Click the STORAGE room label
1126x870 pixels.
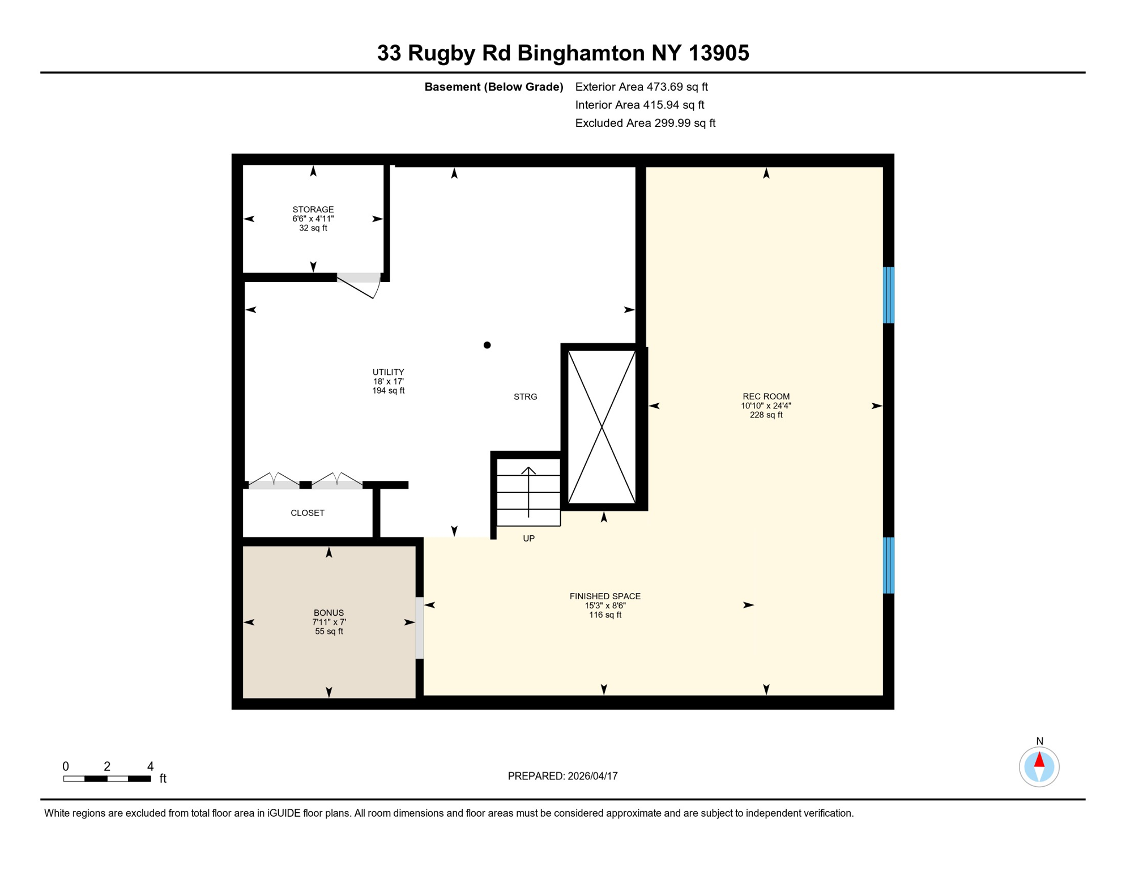[313, 210]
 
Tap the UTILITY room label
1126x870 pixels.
[388, 372]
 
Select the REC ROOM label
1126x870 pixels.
[766, 396]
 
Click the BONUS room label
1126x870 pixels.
[329, 613]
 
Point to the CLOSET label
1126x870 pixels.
[308, 513]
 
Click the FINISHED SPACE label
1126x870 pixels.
[605, 596]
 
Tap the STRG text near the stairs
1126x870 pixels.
[525, 397]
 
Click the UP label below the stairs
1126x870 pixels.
[528, 539]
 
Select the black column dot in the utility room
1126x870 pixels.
[487, 345]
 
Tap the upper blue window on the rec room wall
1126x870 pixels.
[889, 295]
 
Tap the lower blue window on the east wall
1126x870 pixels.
[889, 565]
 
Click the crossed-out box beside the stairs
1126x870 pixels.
[602, 427]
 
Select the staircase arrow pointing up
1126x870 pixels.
[528, 491]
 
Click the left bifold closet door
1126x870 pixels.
[274, 481]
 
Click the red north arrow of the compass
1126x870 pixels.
[1039, 760]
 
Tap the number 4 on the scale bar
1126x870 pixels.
[150, 766]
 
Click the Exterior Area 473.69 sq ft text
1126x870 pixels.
[641, 87]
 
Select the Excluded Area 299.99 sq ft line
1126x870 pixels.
[645, 123]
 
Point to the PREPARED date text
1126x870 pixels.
[562, 776]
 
